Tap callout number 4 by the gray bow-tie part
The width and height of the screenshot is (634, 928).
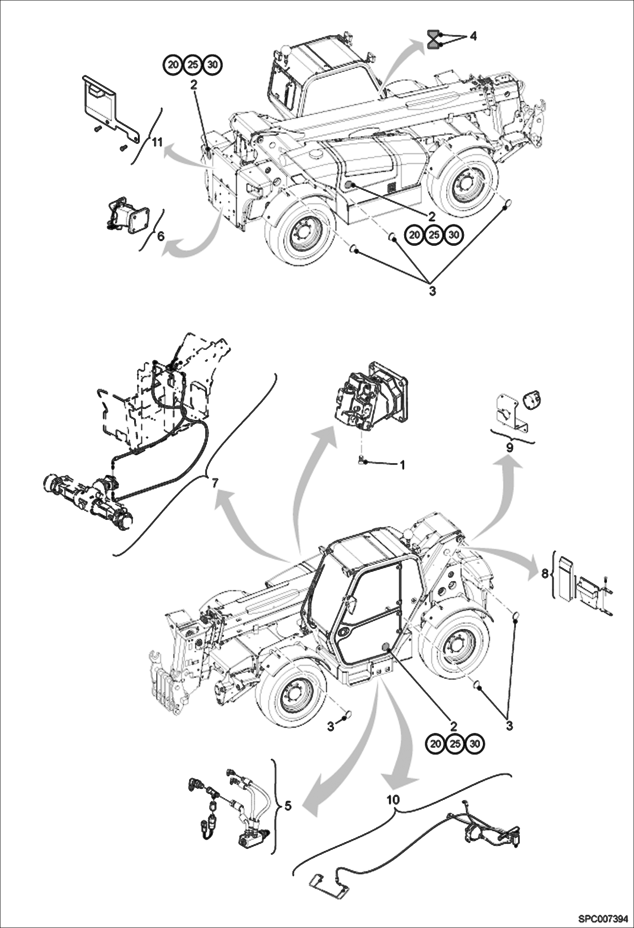(473, 37)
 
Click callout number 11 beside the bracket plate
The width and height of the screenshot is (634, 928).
(157, 143)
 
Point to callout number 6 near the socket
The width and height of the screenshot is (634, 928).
(161, 236)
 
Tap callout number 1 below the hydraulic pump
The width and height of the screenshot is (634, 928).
(402, 465)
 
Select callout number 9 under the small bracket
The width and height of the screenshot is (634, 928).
(510, 448)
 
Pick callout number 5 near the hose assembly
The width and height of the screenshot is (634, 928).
(288, 806)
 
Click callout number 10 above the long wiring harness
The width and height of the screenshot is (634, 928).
(393, 799)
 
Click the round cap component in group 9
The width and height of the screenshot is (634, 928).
(531, 399)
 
